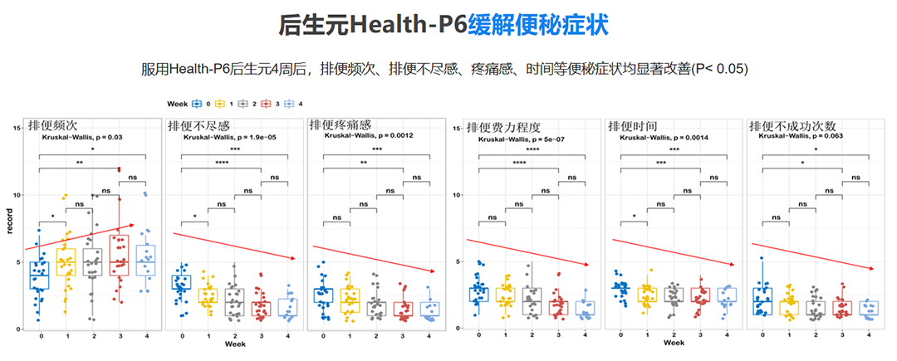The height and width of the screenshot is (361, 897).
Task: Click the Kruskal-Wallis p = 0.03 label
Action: tap(83, 137)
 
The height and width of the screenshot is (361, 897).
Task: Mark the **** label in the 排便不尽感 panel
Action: tap(222, 163)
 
